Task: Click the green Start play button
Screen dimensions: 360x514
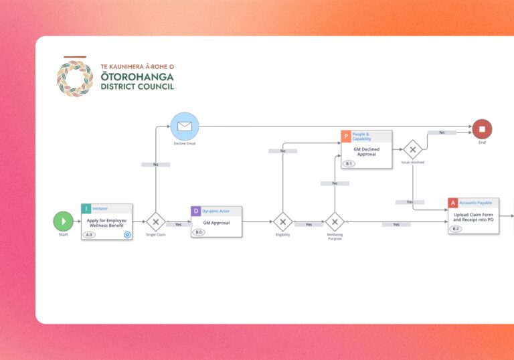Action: point(63,221)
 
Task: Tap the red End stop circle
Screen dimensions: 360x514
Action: point(482,128)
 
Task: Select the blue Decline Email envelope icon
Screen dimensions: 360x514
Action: point(184,126)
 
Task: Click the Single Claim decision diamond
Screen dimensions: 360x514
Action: point(155,221)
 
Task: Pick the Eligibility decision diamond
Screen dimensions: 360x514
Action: point(282,221)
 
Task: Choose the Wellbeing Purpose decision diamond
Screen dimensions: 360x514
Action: point(334,221)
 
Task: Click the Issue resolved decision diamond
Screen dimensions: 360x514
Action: point(412,149)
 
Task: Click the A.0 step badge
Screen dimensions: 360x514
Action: point(90,235)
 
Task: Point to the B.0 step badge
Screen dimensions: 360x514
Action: point(199,232)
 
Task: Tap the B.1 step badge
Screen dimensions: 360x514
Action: point(349,163)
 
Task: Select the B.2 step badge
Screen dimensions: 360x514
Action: point(456,229)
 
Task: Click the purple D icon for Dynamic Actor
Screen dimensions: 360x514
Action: point(196,211)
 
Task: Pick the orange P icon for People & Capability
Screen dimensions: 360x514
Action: point(346,136)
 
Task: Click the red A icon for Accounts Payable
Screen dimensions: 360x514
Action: point(453,202)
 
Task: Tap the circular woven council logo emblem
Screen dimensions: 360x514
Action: point(75,79)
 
